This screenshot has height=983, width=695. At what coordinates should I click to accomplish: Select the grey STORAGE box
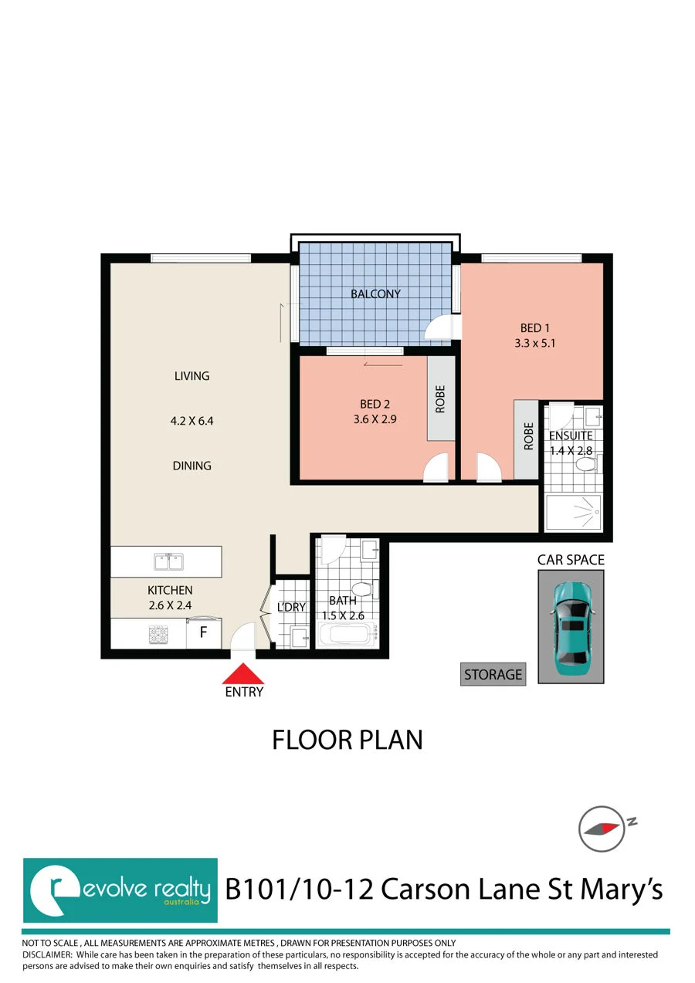click(493, 674)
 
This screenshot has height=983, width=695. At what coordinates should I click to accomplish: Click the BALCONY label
click(375, 293)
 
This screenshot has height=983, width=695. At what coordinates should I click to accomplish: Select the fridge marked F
click(204, 632)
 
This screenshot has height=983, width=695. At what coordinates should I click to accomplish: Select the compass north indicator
click(606, 829)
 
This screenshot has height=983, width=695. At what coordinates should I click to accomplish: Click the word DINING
click(192, 466)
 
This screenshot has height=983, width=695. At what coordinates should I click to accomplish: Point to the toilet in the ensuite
click(587, 464)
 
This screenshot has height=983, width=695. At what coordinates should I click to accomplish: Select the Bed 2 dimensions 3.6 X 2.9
click(375, 419)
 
